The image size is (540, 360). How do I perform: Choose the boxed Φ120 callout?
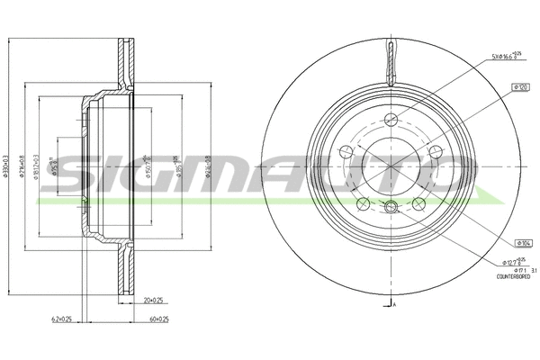[x=518, y=87]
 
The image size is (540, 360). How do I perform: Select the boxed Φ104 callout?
[x=520, y=243]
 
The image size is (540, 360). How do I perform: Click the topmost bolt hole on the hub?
[x=391, y=120]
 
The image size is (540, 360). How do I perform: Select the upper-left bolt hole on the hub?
[x=346, y=151]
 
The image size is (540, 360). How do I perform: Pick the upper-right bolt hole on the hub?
[x=435, y=151]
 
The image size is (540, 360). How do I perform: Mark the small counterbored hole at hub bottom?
[x=391, y=208]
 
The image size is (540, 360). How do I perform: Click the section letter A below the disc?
[x=394, y=307]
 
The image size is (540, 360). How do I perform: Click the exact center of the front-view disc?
[x=391, y=166]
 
